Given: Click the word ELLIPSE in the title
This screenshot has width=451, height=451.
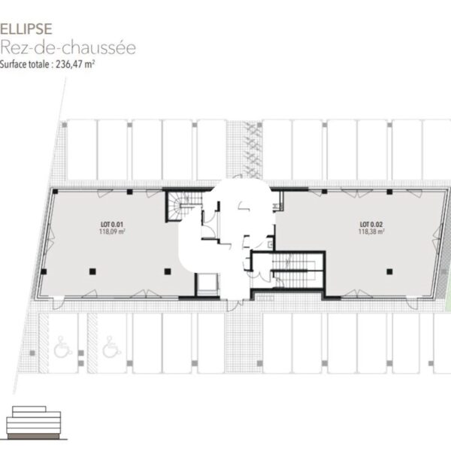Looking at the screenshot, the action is pyautogui.click(x=26, y=29).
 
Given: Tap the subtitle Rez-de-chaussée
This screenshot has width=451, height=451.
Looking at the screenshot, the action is pyautogui.click(x=68, y=47).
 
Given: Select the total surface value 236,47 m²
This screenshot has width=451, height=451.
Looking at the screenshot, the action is pyautogui.click(x=75, y=64).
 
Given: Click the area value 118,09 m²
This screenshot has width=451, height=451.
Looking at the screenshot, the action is pyautogui.click(x=112, y=232).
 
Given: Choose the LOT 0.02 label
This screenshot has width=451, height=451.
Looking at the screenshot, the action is pyautogui.click(x=371, y=224).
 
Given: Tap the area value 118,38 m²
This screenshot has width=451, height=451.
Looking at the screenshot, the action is pyautogui.click(x=371, y=232).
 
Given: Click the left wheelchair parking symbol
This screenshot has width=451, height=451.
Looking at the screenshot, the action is pyautogui.click(x=62, y=347).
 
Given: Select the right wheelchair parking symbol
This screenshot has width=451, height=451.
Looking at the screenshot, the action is pyautogui.click(x=111, y=347).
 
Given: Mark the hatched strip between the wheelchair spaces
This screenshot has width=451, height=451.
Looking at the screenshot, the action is pyautogui.click(x=92, y=343).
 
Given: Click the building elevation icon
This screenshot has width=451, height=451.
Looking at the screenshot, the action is pyautogui.click(x=34, y=422).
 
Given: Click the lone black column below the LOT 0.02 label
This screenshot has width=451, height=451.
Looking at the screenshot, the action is pyautogui.click(x=389, y=271).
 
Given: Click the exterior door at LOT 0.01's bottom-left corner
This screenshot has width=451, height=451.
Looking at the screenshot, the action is pyautogui.click(x=58, y=303).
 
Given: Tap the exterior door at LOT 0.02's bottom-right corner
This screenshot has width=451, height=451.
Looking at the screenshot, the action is pyautogui.click(x=412, y=303).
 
